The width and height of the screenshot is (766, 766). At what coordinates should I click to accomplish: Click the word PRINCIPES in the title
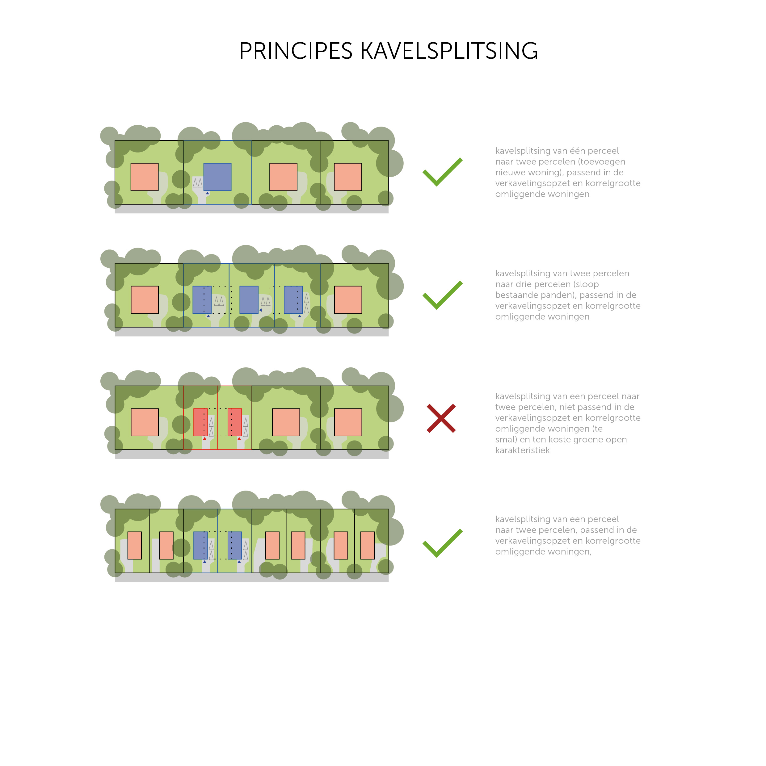click(296, 51)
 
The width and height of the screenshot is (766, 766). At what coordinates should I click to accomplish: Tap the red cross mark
click(441, 418)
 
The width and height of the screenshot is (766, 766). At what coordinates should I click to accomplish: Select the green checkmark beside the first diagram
click(443, 172)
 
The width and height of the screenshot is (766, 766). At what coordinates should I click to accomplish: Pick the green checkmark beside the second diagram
click(443, 295)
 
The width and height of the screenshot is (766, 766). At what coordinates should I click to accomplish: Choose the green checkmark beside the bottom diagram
click(443, 543)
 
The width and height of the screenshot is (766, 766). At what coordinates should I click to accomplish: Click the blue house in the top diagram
click(217, 177)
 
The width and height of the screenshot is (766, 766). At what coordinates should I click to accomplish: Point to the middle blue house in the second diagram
click(249, 300)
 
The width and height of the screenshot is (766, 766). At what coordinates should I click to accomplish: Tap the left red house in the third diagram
click(200, 422)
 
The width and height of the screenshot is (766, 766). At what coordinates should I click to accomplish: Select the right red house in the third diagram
click(235, 422)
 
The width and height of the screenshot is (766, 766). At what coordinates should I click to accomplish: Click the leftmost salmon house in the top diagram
click(145, 177)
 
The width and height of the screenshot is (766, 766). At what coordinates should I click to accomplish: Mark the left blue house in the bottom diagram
click(200, 546)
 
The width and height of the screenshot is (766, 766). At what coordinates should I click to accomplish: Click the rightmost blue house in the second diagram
click(293, 300)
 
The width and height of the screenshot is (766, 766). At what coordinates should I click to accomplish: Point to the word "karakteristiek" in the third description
click(522, 450)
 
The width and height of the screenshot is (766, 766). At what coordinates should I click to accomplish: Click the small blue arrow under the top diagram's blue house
click(208, 193)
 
